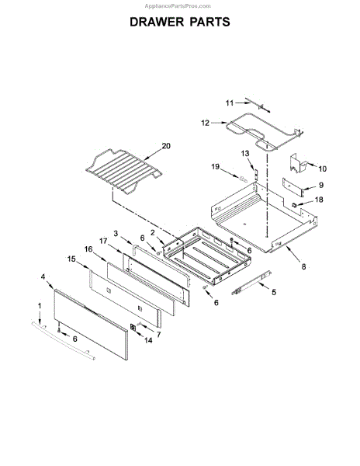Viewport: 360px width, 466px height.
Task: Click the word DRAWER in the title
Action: (x=157, y=22)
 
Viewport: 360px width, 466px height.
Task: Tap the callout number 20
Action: (x=166, y=146)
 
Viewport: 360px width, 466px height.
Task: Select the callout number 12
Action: (x=205, y=123)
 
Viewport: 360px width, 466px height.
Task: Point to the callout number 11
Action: (x=230, y=103)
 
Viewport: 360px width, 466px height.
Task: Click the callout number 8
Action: (x=303, y=267)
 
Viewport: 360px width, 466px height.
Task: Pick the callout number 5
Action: (x=274, y=292)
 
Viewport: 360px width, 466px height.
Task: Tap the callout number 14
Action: (x=148, y=340)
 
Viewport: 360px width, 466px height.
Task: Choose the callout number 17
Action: (x=103, y=241)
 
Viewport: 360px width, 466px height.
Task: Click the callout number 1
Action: (x=40, y=306)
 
